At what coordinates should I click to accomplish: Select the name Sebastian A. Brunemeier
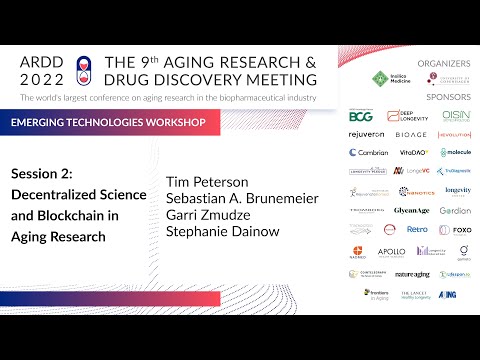coord(242,198)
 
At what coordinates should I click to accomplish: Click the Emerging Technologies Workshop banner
coord(113,122)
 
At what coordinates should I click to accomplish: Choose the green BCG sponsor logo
coord(361,116)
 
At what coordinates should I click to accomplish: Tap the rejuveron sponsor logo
coord(367,134)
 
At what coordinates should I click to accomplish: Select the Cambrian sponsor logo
coord(368,152)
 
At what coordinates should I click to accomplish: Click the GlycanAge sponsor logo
coord(412,211)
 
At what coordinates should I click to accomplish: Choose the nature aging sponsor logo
coord(412,273)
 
